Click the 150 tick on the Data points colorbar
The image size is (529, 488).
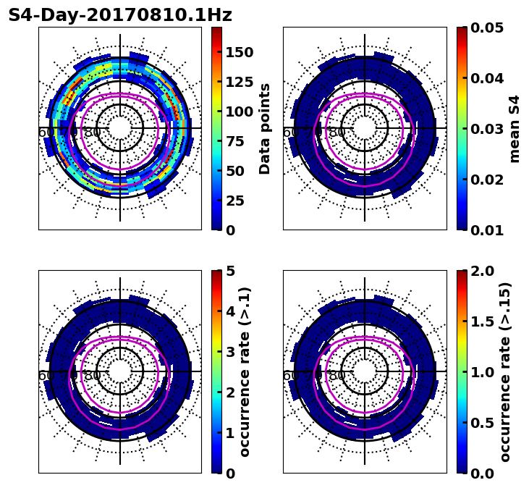click(x=239, y=52)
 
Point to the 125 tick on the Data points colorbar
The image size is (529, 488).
click(x=239, y=82)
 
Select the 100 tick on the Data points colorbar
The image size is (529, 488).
click(x=239, y=112)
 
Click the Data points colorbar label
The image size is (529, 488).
click(x=265, y=129)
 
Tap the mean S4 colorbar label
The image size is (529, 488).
click(x=515, y=129)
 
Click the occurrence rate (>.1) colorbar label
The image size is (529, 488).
click(x=245, y=372)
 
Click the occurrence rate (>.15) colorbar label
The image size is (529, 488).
click(x=505, y=372)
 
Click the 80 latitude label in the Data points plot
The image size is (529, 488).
click(x=93, y=132)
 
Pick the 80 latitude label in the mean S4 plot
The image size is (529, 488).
click(x=337, y=132)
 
